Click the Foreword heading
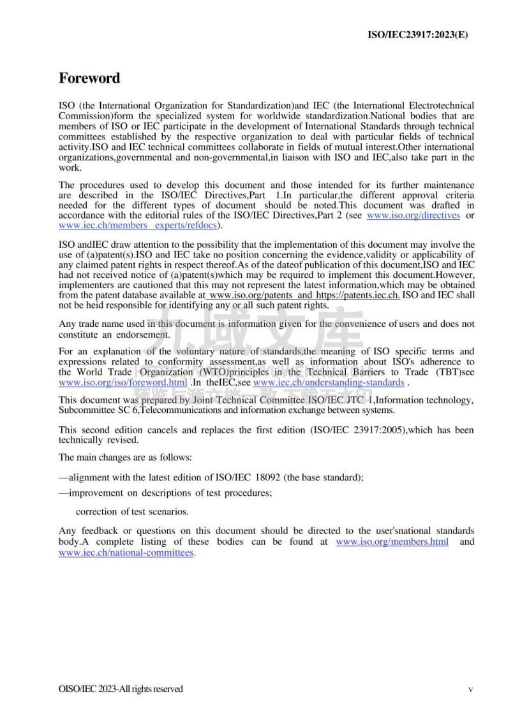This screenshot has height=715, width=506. [x=89, y=78]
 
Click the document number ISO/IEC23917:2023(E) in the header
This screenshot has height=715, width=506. [x=418, y=34]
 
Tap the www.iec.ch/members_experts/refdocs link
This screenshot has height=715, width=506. [x=138, y=225]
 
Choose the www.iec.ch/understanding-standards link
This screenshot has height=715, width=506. [x=329, y=382]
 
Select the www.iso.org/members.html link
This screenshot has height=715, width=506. [x=392, y=542]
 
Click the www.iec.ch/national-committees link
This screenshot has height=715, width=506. [x=126, y=552]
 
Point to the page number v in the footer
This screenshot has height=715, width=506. [x=470, y=689]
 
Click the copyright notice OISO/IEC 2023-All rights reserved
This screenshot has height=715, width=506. [x=120, y=689]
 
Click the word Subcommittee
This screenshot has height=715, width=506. [x=85, y=410]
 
